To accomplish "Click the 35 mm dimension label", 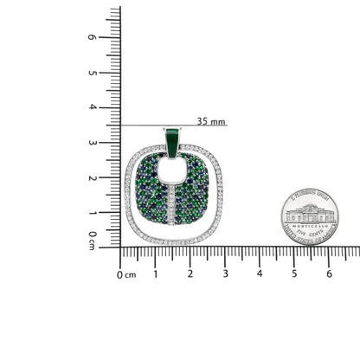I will pyautogui.click(x=211, y=121).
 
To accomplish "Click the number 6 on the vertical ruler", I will pyautogui.click(x=115, y=38).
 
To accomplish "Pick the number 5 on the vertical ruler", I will pyautogui.click(x=115, y=73).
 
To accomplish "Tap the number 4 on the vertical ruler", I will pyautogui.click(x=115, y=107).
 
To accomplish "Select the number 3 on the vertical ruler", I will pyautogui.click(x=115, y=143).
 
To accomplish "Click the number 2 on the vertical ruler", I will pyautogui.click(x=115, y=177).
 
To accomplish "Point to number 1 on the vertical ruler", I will pyautogui.click(x=115, y=212).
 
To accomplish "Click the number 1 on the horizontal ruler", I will pyautogui.click(x=155, y=274).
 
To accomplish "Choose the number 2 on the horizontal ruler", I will pyautogui.click(x=190, y=274).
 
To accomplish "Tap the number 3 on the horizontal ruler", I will pyautogui.click(x=225, y=274).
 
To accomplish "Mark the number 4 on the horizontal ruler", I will pyautogui.click(x=260, y=274).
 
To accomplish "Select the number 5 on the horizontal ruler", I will pyautogui.click(x=294, y=274).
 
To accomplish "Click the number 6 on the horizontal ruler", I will pyautogui.click(x=329, y=274).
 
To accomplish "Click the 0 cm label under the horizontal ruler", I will pyautogui.click(x=126, y=275).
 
